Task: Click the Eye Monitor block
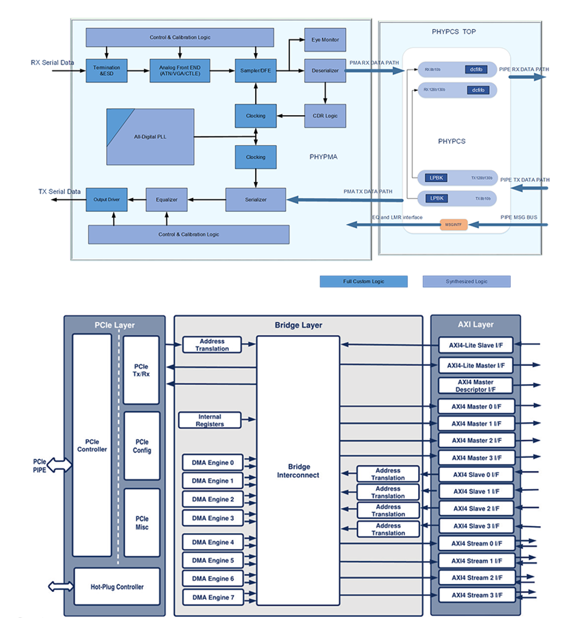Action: coord(324,40)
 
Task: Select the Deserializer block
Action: coord(324,71)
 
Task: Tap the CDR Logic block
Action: coord(324,116)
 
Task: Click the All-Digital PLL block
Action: coord(151,137)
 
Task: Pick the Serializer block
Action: coord(256,200)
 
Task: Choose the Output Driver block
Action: coord(107,200)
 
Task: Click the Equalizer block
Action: coord(167,200)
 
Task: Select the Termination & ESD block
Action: coord(107,71)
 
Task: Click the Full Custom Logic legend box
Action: coord(364,281)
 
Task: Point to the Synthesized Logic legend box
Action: coord(466,281)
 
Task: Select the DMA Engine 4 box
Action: coord(212,542)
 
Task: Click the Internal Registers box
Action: coord(211,421)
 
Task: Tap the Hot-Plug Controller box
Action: coord(117,587)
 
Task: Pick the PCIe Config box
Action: coord(142,447)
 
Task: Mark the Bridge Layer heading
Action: coord(298,325)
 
